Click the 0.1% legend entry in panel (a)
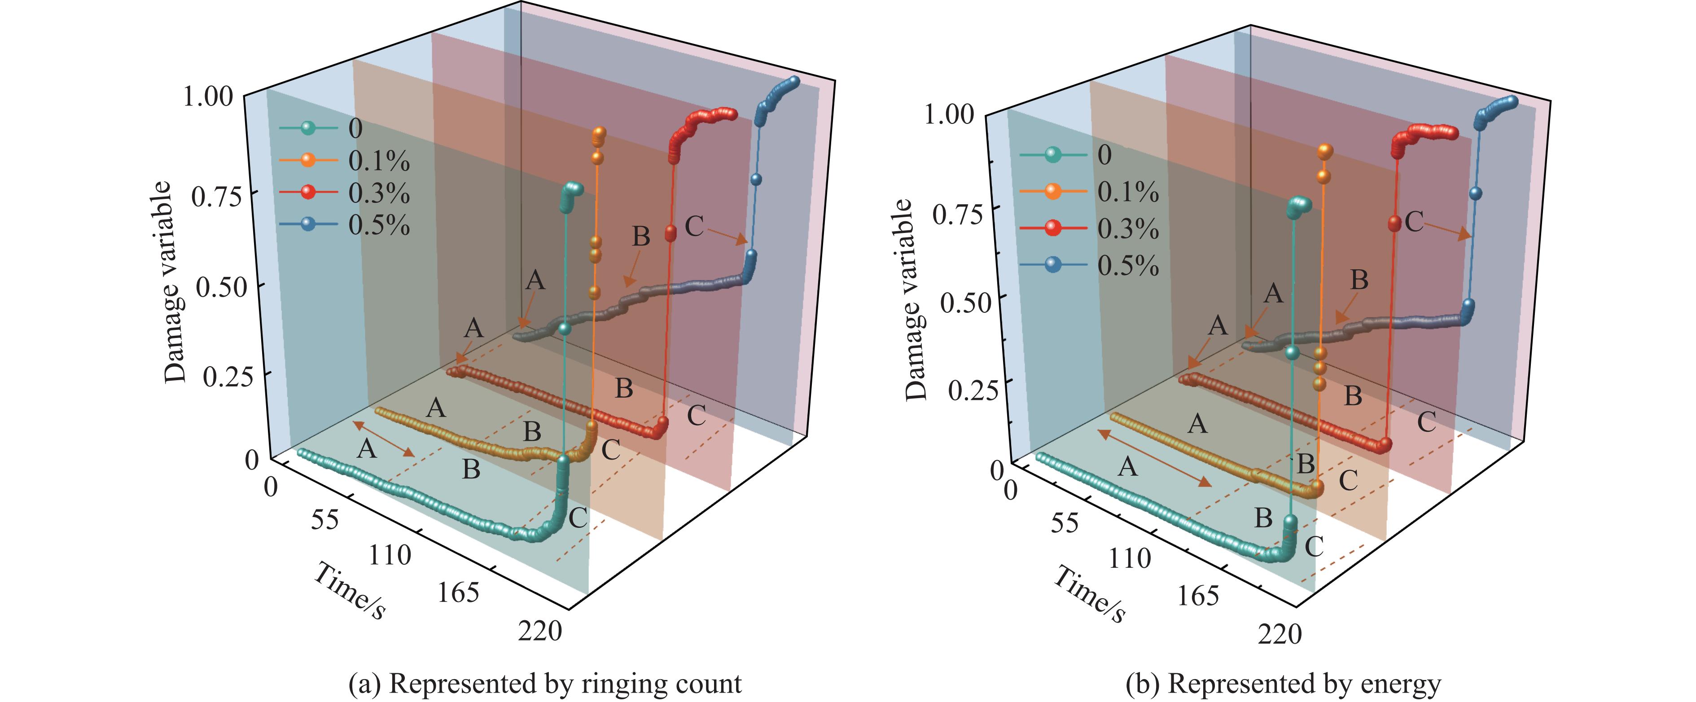379,161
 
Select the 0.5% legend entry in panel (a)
379,225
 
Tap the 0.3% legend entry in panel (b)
1128,228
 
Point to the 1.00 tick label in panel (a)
208,97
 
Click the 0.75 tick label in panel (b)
958,215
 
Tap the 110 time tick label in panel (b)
1130,558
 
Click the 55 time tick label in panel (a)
324,520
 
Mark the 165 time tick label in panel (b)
1198,595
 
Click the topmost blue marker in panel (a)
793,82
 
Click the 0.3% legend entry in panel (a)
379,193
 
